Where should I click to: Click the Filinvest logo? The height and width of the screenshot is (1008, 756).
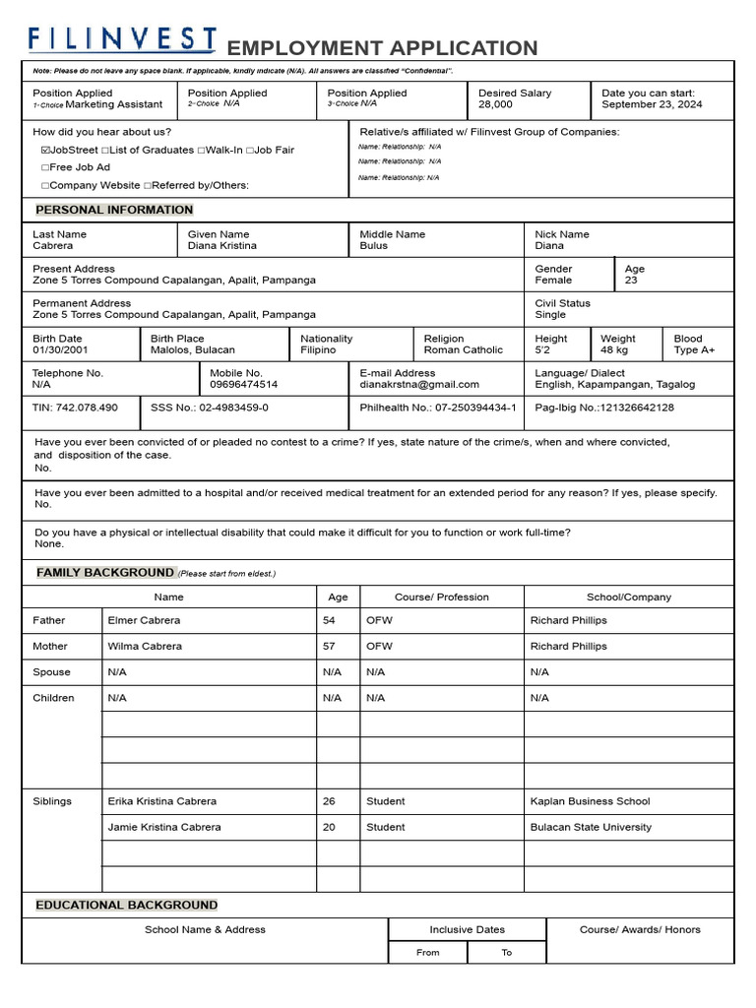[x=122, y=40]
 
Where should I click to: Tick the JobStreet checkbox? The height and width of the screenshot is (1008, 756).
[x=46, y=151]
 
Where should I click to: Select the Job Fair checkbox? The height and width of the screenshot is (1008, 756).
[x=251, y=151]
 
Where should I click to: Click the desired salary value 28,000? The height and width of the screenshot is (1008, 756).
[x=495, y=104]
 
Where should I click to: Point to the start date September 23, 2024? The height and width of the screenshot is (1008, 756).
[x=652, y=104]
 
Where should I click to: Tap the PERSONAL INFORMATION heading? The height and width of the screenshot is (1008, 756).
[x=114, y=210]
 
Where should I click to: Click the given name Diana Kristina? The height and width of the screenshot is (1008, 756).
[x=222, y=246]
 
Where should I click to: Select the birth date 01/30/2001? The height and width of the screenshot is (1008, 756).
[x=60, y=350]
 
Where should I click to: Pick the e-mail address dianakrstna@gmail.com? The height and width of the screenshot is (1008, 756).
[x=419, y=385]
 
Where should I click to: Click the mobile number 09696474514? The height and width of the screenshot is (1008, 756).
[x=244, y=385]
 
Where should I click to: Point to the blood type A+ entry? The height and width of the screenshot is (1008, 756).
[x=694, y=350]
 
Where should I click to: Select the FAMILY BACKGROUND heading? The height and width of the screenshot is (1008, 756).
[x=105, y=573]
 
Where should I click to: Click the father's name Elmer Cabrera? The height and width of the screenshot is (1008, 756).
[x=144, y=621]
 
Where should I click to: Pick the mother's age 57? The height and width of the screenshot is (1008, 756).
[x=329, y=647]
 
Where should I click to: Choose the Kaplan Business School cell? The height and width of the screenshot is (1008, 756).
[x=590, y=801]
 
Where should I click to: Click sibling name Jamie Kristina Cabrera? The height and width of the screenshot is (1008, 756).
[x=164, y=828]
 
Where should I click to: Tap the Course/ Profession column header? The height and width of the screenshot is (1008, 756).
[x=441, y=598]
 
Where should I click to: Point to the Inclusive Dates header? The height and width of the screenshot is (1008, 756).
[x=467, y=929]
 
